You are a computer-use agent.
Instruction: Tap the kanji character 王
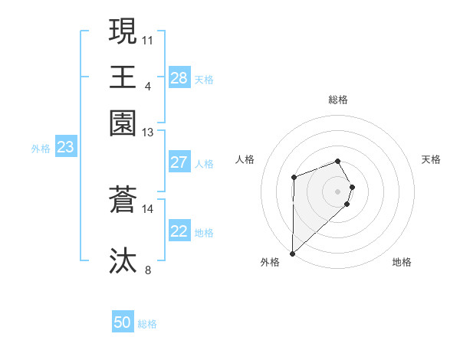point(123,77)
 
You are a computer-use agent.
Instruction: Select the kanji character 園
point(123,123)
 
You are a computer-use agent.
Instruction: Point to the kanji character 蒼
point(123,201)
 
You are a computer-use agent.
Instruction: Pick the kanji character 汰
point(123,260)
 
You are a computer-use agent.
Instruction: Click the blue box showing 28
point(179,78)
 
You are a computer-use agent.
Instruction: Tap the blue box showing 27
point(179,162)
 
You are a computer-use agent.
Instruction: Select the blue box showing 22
point(179,231)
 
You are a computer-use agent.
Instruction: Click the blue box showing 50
point(123,322)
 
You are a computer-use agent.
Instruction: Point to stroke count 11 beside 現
point(147,39)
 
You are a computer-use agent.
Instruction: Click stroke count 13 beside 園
point(147,133)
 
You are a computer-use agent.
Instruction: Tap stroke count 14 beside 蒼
point(147,208)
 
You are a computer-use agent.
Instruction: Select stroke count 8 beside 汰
point(147,269)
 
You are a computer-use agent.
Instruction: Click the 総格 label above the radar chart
point(338,100)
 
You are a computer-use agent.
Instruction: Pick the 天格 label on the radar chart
point(431,159)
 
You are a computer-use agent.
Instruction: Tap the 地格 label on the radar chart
point(402,262)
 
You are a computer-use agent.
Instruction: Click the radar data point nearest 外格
point(292,253)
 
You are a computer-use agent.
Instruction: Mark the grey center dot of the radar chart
point(338,191)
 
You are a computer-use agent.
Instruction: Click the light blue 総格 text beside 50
point(147,324)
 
